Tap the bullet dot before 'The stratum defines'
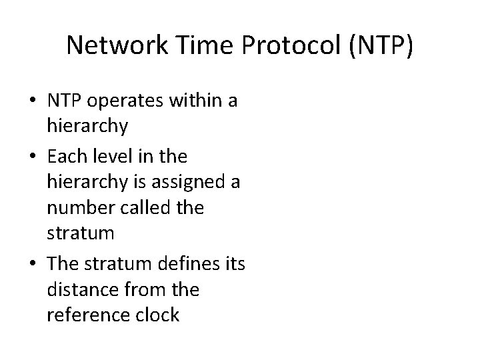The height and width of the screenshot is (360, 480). (32, 265)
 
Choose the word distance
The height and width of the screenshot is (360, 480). (77, 290)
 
